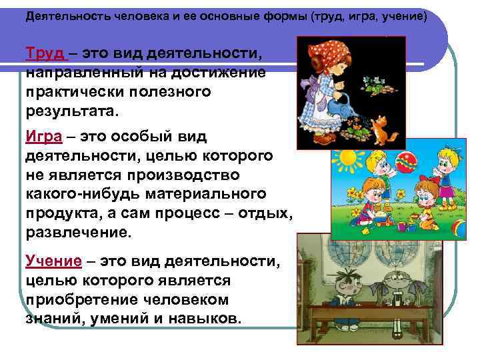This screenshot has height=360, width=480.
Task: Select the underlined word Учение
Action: [x=53, y=261]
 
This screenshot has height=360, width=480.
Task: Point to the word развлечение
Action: [x=79, y=235]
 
